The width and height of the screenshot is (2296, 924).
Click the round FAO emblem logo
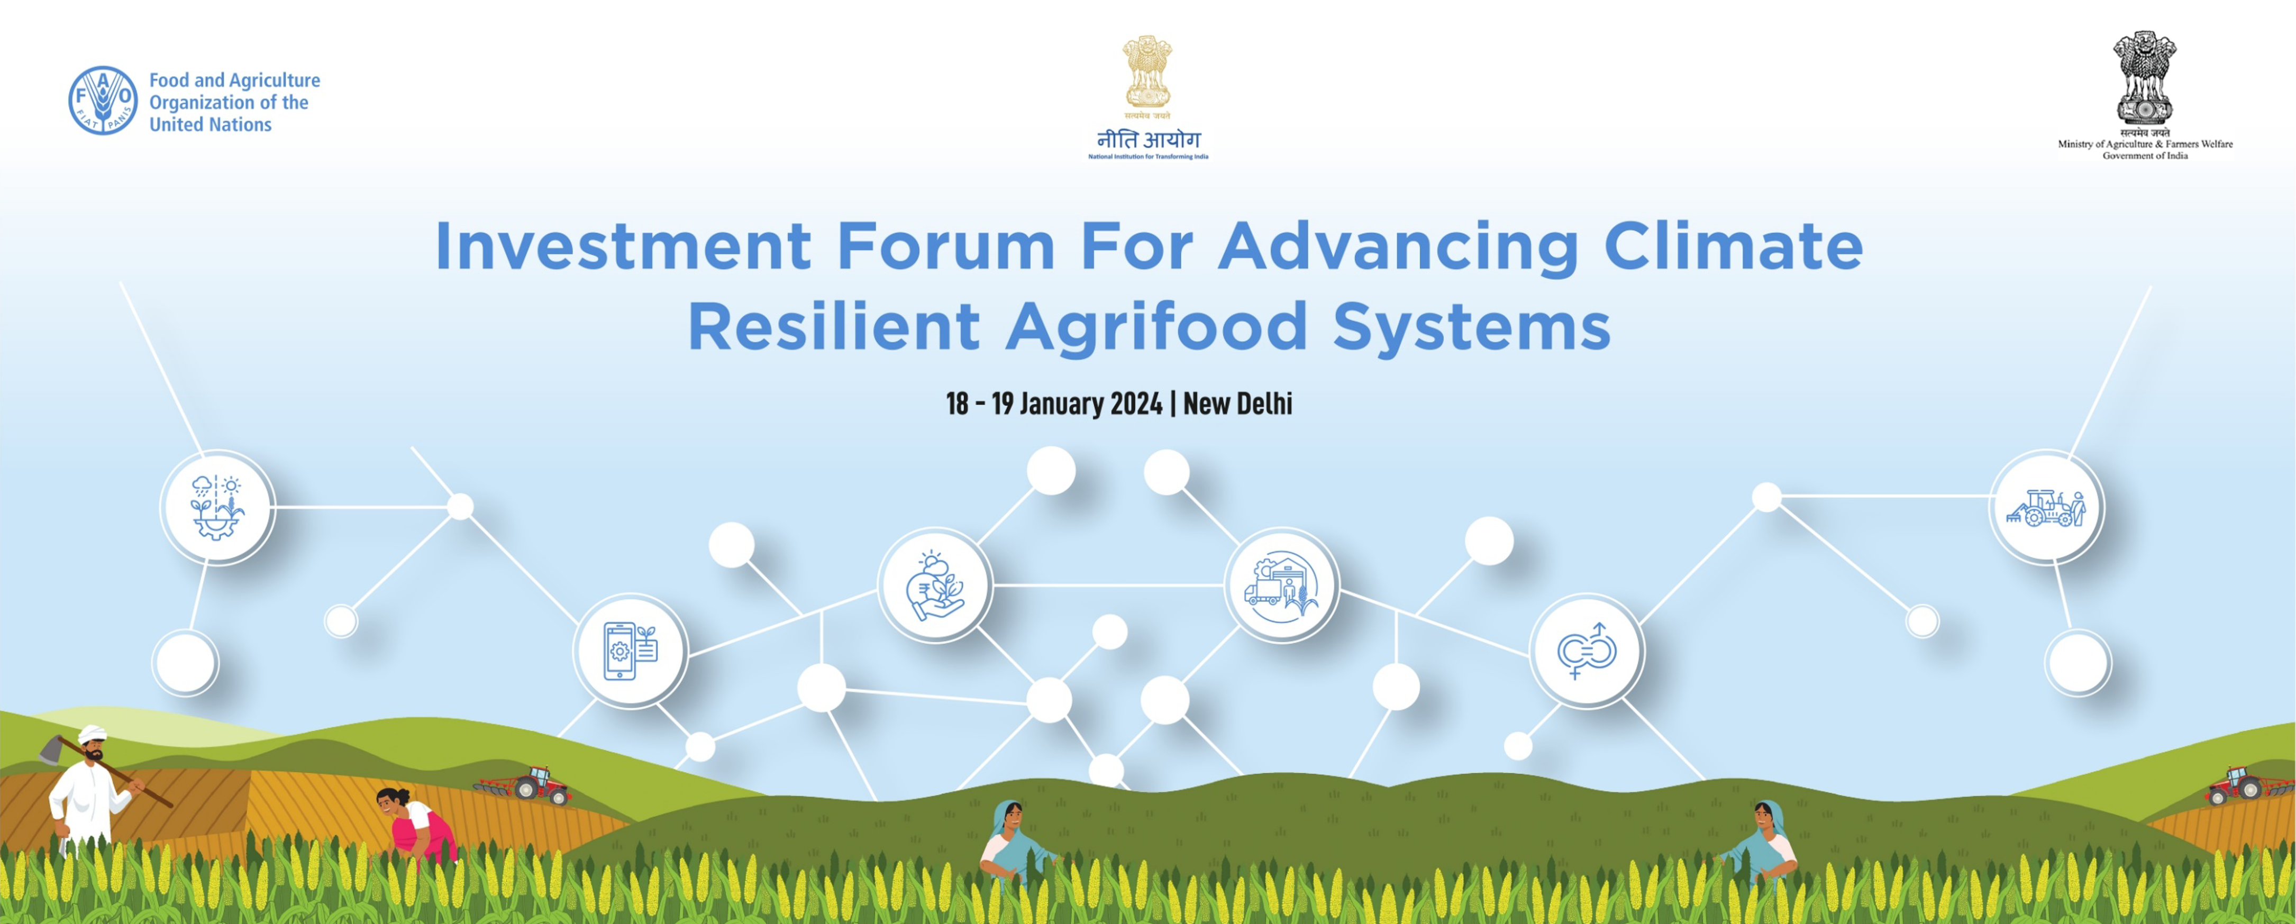103,100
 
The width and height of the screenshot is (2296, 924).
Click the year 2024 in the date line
1136,404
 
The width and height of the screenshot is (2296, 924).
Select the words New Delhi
1237,404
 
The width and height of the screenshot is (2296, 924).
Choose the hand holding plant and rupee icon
935,585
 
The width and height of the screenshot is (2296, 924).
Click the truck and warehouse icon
1281,584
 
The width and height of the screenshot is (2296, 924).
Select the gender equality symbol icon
1587,651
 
